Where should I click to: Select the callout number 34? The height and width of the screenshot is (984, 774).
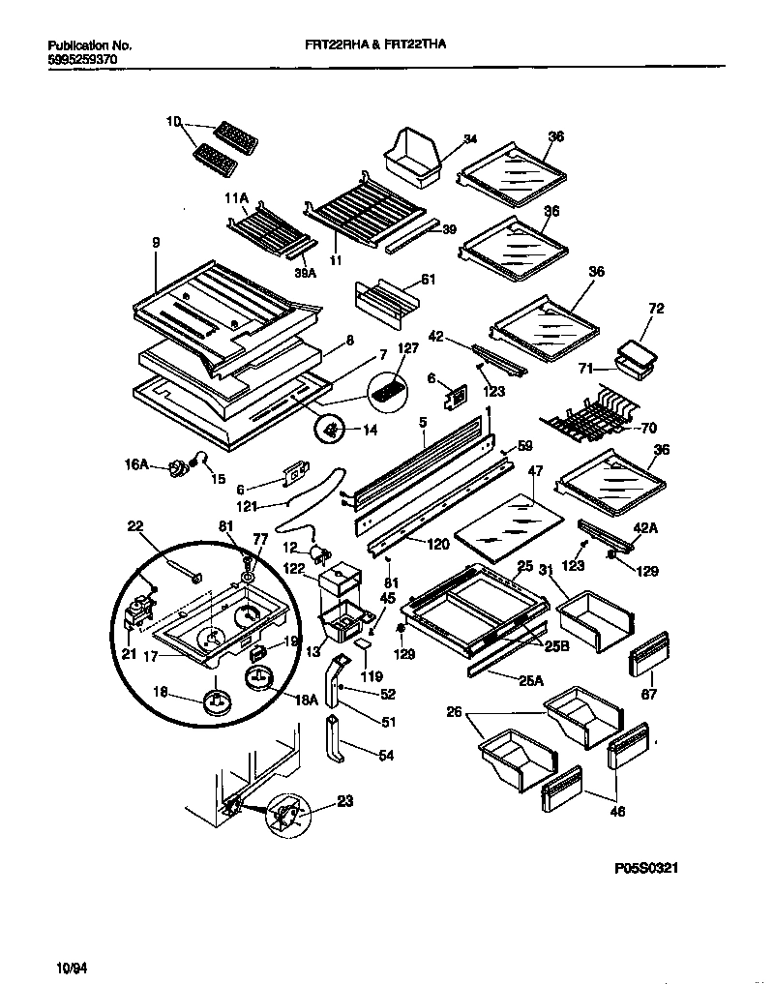click(x=470, y=139)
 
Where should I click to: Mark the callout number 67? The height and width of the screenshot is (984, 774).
click(x=649, y=693)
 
